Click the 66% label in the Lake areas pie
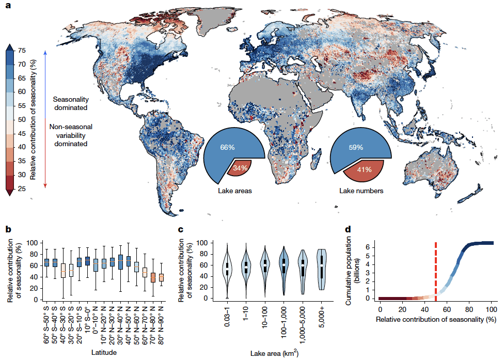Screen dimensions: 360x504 227,148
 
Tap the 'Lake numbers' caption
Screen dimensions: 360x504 361,191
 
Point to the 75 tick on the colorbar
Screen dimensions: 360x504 21,50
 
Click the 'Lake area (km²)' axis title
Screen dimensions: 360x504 274,353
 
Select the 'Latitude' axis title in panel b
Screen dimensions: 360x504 103,352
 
